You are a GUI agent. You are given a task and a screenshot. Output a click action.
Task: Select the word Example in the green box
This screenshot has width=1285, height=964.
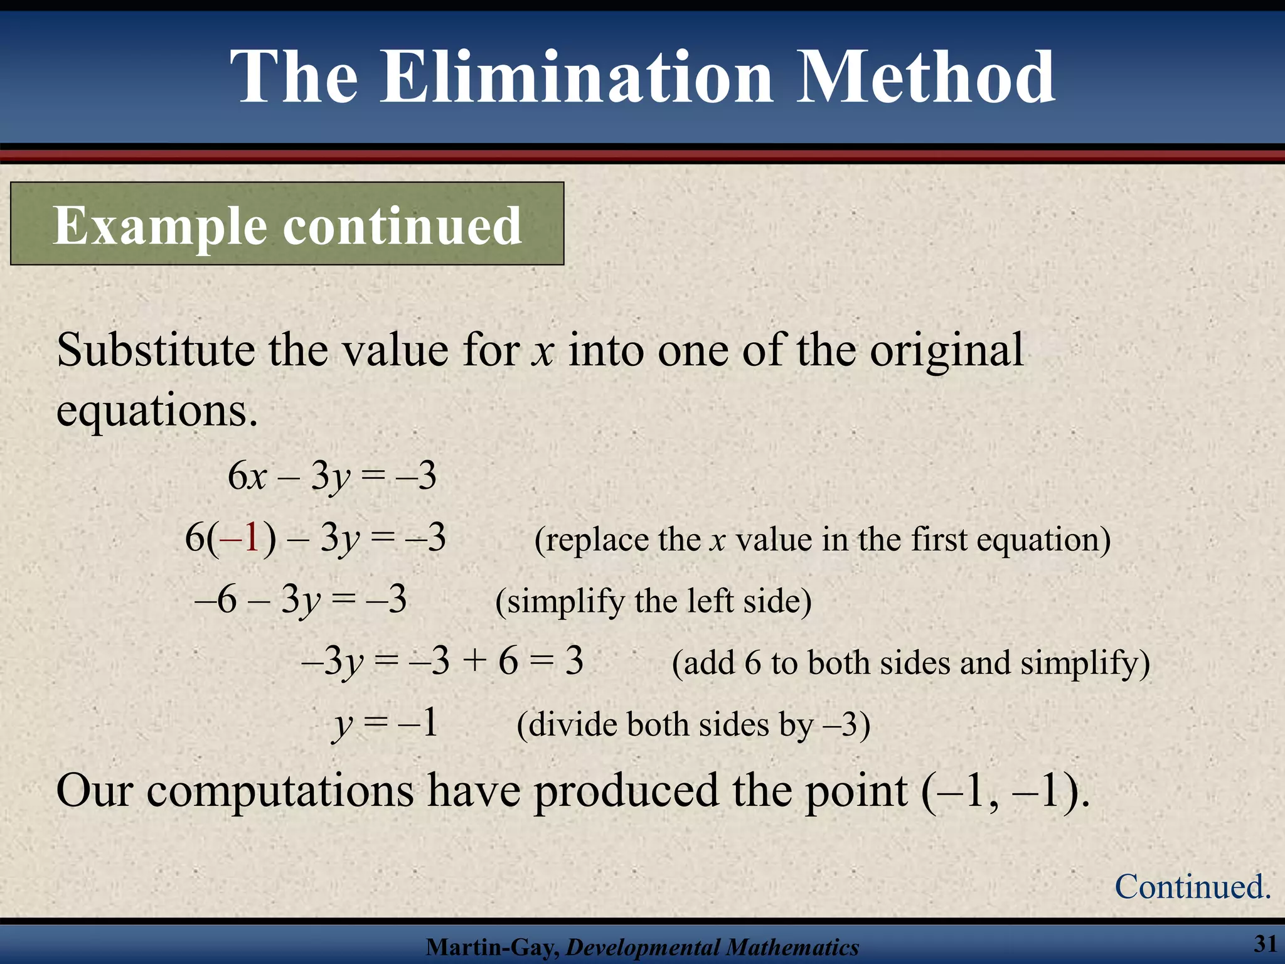161,226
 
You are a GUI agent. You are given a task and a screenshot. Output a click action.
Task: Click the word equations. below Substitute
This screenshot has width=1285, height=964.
157,411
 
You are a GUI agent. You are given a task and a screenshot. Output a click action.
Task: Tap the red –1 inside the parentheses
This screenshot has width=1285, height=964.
242,538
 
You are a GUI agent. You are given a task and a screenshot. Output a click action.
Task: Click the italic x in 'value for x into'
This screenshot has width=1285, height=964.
542,351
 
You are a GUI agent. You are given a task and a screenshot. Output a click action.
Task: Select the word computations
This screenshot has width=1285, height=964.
280,791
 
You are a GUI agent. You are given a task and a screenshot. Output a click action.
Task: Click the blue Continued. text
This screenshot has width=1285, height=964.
1192,887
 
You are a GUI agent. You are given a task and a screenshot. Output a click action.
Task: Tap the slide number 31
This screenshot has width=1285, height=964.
1265,943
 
